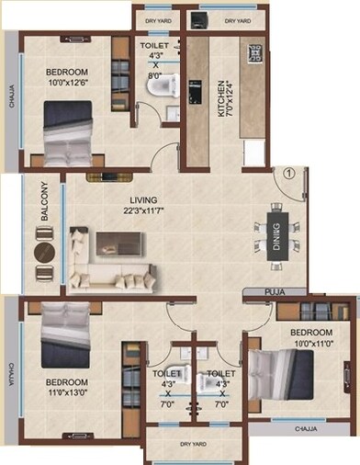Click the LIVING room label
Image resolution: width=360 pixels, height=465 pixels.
coord(143,199)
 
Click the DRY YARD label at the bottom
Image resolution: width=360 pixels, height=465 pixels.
coord(184,446)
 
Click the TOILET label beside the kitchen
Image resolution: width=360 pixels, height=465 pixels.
coord(153,45)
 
